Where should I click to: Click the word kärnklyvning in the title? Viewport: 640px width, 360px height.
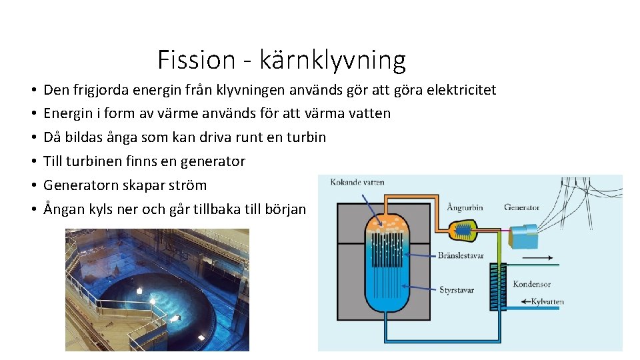(332, 61)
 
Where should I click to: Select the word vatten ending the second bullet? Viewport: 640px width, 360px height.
(368, 113)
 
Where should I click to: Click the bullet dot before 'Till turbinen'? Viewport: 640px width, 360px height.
(32, 162)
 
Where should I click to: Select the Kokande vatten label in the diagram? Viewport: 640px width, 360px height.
(357, 182)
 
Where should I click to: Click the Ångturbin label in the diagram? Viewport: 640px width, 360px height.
(465, 207)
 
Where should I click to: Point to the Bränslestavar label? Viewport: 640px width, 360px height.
(461, 255)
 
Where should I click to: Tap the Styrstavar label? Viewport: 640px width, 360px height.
(456, 289)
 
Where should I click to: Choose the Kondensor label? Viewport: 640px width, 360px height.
(531, 284)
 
